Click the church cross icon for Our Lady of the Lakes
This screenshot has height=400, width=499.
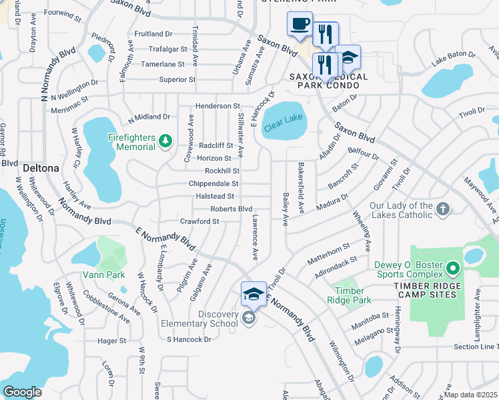pos(442,211)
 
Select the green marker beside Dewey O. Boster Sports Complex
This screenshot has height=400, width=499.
pos(453,269)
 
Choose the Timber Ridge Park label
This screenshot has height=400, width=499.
pos(350,295)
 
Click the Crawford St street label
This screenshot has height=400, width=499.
pos(199,221)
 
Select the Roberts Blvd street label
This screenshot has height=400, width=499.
pos(231,209)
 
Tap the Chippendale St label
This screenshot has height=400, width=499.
pos(213,183)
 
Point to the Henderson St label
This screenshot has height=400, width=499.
pos(217,106)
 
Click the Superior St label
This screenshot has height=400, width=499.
pos(177,79)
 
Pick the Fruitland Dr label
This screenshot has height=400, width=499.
pos(153,33)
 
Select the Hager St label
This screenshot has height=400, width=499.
pos(111,340)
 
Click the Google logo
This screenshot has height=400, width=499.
pos(22,392)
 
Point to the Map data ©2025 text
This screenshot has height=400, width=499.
pos(471,395)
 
